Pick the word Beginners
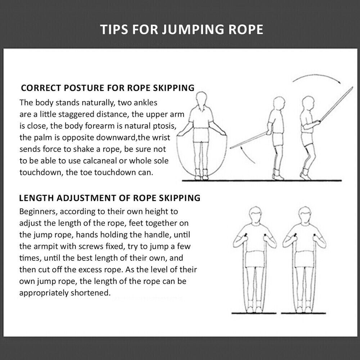tap(38, 212)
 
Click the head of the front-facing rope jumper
tap(202, 99)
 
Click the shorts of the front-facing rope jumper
tap(201, 135)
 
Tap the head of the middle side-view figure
tap(279, 103)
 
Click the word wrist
tap(160, 138)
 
